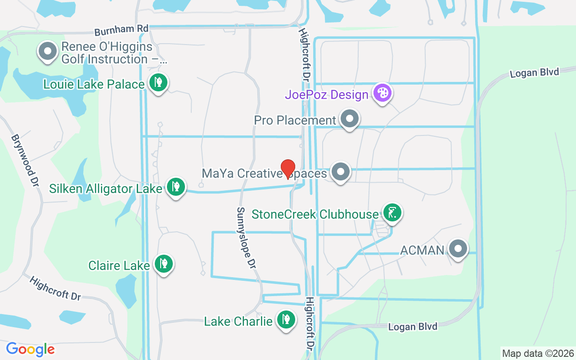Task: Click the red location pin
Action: (x=288, y=169)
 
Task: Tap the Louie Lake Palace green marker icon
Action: (x=158, y=83)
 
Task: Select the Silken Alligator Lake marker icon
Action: (x=175, y=187)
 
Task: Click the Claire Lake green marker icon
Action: (x=163, y=264)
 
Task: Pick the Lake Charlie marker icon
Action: (x=286, y=320)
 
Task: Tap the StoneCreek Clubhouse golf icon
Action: (x=392, y=212)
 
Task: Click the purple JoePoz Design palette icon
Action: (x=382, y=94)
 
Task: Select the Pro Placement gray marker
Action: (x=350, y=119)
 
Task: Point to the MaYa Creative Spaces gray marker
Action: (x=341, y=172)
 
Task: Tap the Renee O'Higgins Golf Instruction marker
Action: (x=48, y=52)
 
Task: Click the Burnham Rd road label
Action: (x=121, y=30)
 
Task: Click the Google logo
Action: (x=30, y=349)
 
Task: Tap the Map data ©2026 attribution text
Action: (x=538, y=353)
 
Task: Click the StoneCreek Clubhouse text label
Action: (x=315, y=214)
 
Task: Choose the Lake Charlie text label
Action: (x=238, y=321)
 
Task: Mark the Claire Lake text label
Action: (x=119, y=265)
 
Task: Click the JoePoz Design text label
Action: (x=327, y=95)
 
